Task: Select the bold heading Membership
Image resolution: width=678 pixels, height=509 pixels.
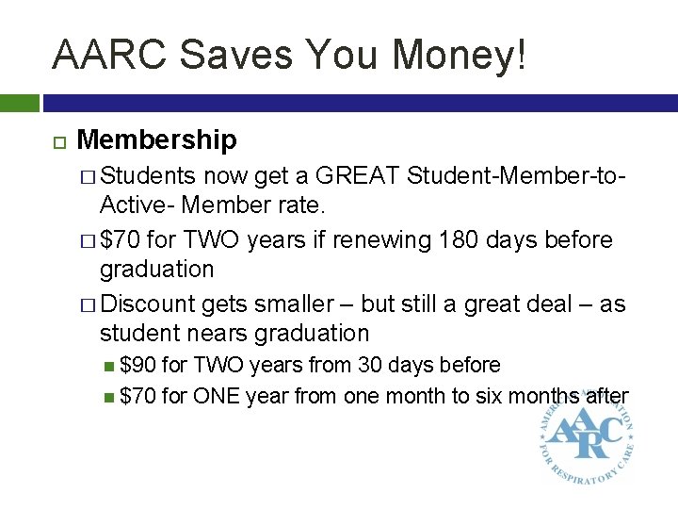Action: point(156,140)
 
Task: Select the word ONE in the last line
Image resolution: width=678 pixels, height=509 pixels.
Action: point(216,397)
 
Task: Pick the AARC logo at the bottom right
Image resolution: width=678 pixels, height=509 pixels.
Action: point(583,435)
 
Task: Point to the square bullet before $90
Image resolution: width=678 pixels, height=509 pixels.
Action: point(111,365)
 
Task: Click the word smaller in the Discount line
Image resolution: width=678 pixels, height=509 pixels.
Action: point(289,304)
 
